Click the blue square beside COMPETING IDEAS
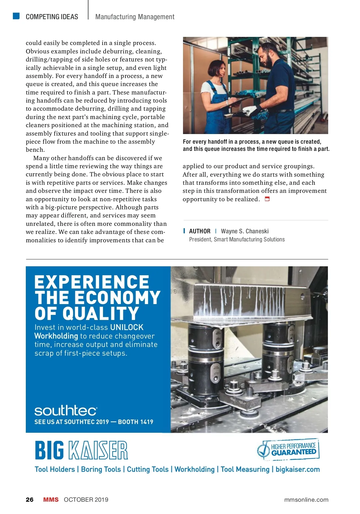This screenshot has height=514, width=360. point(16,16)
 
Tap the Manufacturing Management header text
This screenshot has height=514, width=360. point(135,17)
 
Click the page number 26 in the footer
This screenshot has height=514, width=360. point(30,500)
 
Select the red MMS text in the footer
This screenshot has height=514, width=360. point(51,500)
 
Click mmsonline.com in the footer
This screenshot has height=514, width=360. point(306,500)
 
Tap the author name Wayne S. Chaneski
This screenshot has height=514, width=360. point(244,231)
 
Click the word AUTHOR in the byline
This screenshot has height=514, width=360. point(199,231)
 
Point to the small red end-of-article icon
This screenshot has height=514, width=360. point(267,199)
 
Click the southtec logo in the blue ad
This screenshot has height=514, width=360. point(66,411)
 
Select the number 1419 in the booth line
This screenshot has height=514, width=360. point(146,422)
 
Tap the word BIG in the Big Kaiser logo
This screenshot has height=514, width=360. point(49,450)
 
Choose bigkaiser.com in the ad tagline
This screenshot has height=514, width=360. point(298,469)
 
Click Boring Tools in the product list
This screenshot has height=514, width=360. point(101,469)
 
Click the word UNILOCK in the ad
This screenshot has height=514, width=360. point(127,327)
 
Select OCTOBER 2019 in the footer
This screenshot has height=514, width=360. point(86,500)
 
